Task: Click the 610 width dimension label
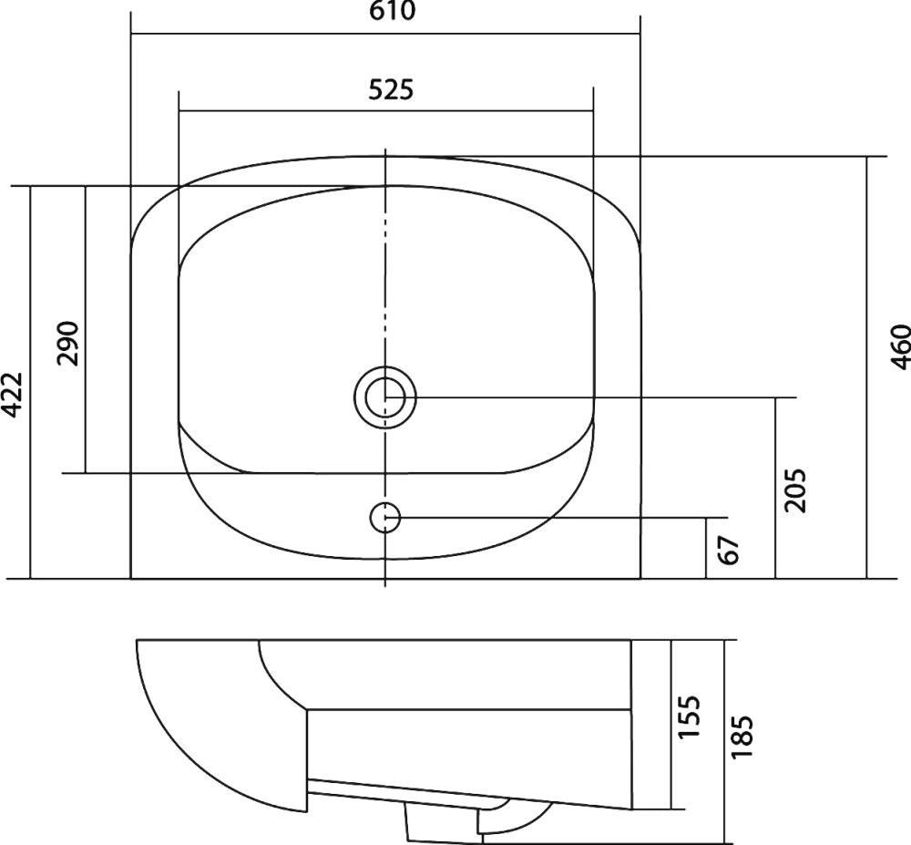pos(392,11)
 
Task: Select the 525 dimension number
pos(391,89)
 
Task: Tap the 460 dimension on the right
pos(900,347)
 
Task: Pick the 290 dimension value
pos(67,343)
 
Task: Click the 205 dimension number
pos(795,489)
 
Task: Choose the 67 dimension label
pos(729,550)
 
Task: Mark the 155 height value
pos(690,716)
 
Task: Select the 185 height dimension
pos(742,737)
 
